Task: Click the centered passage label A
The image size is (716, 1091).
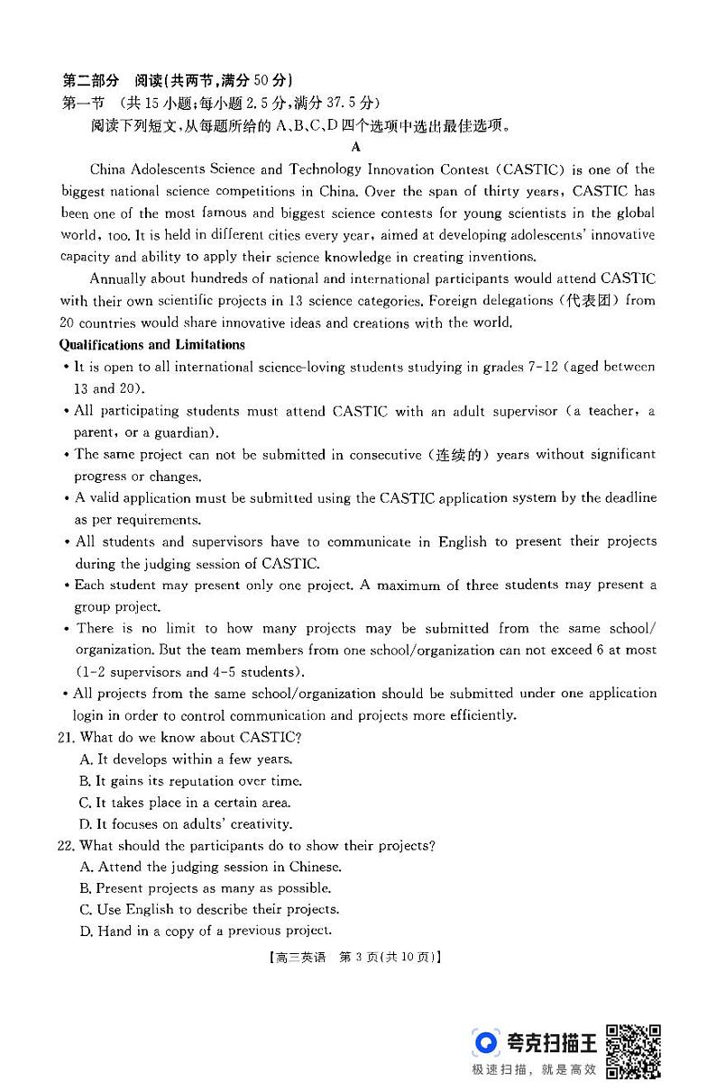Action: [356, 147]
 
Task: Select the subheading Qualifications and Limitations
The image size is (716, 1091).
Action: [151, 345]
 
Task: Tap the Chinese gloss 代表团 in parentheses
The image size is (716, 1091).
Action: [591, 301]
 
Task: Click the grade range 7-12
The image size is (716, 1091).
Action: [541, 367]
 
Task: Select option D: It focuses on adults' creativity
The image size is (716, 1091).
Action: [186, 823]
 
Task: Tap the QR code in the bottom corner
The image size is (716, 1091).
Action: [633, 1051]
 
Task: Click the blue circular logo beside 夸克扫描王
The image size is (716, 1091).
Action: [486, 1043]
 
